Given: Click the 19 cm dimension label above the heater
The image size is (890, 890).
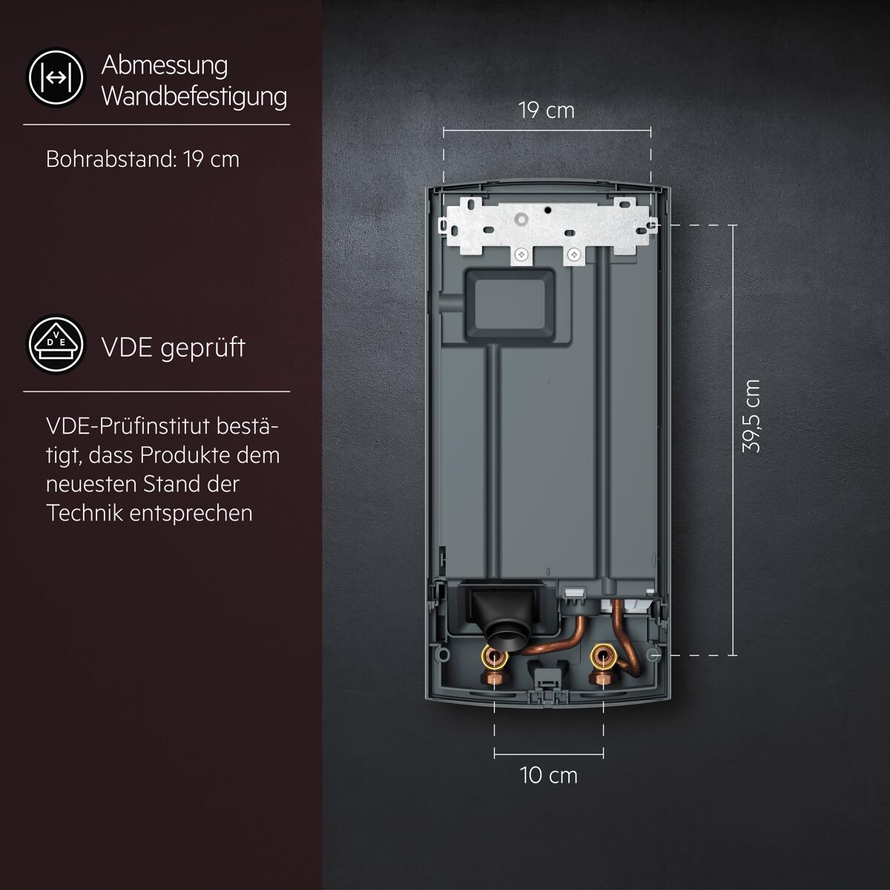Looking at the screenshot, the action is pos(547,111).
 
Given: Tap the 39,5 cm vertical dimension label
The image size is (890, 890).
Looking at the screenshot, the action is pos(751,415).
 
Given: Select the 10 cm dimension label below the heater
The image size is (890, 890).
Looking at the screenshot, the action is pos(549,776).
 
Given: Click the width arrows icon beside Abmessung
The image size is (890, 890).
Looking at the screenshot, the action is pos(56,78).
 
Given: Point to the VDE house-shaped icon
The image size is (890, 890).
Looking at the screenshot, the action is pos(56,344).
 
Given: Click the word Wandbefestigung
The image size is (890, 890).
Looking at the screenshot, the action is pos(194,97).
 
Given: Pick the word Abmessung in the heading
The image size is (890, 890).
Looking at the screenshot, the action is pos(165,65).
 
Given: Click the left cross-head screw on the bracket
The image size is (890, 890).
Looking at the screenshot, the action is pos(522,254).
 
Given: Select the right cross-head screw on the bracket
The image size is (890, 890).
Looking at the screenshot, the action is pos(574,254).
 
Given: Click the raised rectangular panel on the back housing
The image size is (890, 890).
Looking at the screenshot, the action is pos(509,306).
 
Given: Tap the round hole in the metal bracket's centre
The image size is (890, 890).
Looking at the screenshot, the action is pos(522,219).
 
